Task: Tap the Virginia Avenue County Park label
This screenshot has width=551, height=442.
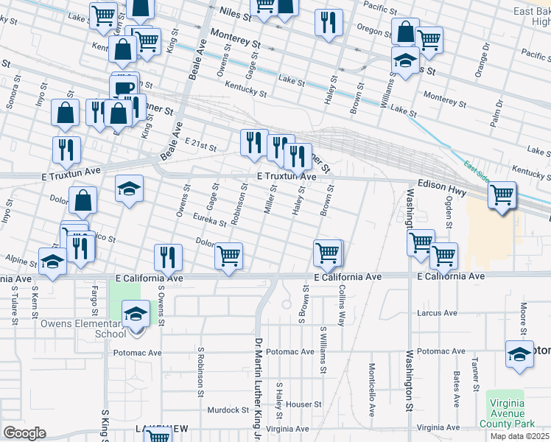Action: click(506, 413)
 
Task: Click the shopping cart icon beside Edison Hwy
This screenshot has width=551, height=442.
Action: click(502, 196)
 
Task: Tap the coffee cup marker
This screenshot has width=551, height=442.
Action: click(124, 88)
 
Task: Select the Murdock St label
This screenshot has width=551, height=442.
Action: click(228, 410)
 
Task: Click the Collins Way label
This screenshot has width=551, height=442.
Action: click(342, 307)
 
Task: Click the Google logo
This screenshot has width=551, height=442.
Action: click(24, 432)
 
